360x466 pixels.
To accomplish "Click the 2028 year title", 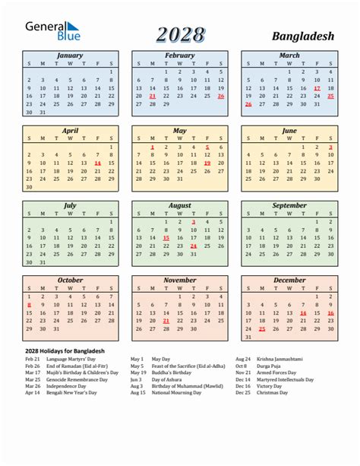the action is click(x=181, y=34).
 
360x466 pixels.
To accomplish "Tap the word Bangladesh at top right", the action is click(x=302, y=36).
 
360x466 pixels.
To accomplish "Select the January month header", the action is click(x=70, y=55).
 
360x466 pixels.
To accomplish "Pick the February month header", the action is click(x=179, y=55).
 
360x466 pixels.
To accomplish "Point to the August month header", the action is click(x=179, y=205).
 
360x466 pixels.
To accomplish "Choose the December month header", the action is click(x=289, y=280).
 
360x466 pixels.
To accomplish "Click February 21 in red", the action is click(x=152, y=97).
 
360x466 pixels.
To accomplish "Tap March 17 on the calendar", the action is click(x=317, y=88).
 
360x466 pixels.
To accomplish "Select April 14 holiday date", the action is click(x=97, y=163).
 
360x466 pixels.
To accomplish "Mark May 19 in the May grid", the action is click(x=207, y=163).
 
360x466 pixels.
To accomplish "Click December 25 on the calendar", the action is click(x=262, y=329).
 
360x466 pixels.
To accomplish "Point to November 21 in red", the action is click(x=166, y=321).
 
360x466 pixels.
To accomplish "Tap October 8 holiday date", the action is click(x=29, y=304).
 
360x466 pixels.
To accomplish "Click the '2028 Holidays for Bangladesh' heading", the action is click(x=65, y=350).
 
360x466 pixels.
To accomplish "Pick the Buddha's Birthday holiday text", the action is click(x=172, y=372).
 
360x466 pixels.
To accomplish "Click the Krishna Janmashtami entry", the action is click(x=280, y=358).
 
